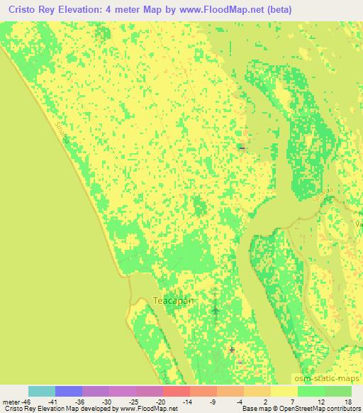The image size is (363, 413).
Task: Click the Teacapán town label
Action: pos(174,301)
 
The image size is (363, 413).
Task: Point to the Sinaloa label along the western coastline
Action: pos(61,133)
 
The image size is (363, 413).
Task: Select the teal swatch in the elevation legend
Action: pos(42,391)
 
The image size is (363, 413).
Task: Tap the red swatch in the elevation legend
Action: pos(177,391)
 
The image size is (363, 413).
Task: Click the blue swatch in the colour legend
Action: pos(69,391)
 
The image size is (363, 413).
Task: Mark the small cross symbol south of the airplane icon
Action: pos(232,349)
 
